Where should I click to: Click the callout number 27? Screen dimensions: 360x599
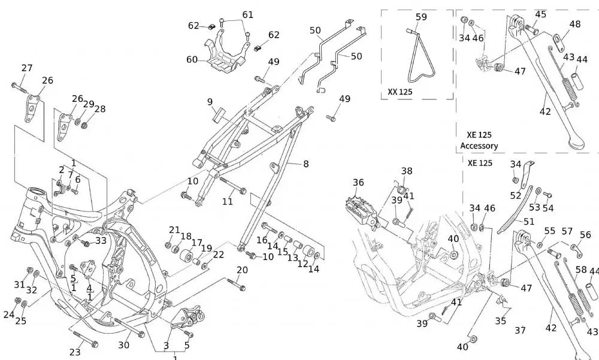point(27,68)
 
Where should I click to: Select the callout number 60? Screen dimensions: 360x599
point(192,59)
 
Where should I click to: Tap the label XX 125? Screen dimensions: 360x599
point(400,92)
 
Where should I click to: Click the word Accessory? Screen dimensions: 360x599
point(479,146)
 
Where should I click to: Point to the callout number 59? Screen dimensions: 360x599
point(421,17)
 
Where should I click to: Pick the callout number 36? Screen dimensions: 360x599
point(358,183)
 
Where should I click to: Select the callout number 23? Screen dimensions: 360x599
point(75,352)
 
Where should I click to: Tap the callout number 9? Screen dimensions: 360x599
point(210,102)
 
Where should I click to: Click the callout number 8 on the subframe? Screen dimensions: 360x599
point(306,163)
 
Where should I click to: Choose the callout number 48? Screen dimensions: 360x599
point(574,25)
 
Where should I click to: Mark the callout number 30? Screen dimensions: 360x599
point(123,345)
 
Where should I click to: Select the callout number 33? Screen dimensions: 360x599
point(100,240)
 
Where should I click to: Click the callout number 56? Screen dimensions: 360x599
point(585,235)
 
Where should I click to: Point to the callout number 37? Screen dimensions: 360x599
point(521,330)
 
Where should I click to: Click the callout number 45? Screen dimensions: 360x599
point(540,14)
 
